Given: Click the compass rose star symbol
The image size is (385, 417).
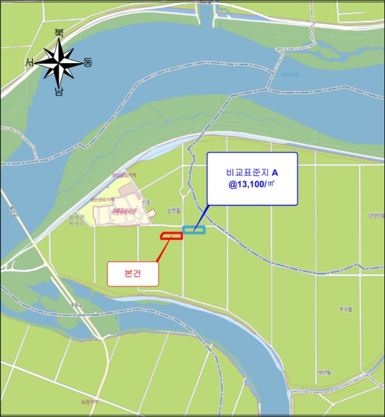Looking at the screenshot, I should click(x=59, y=62).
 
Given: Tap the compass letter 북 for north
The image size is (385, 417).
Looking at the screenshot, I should click(x=59, y=33).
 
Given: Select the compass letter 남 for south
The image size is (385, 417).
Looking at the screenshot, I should click(x=59, y=91).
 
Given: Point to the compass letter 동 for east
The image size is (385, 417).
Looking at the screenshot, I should click(x=88, y=62).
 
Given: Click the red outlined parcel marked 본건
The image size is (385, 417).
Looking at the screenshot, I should click(x=171, y=236).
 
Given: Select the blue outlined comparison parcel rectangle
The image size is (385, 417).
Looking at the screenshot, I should click(x=194, y=229).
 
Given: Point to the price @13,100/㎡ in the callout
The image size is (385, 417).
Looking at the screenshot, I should click(x=252, y=185).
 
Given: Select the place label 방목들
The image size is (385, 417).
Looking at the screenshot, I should click(x=189, y=211).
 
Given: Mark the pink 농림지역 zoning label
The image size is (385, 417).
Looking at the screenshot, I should click(x=91, y=402).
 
